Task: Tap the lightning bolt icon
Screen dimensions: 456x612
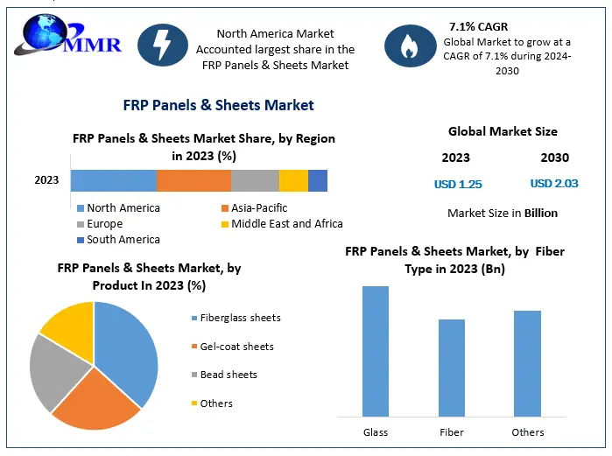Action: pyautogui.click(x=162, y=43)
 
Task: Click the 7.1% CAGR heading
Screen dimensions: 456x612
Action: pyautogui.click(x=478, y=26)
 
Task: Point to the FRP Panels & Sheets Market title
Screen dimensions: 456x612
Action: pyautogui.click(x=217, y=105)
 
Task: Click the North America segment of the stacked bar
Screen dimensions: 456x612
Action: pyautogui.click(x=114, y=180)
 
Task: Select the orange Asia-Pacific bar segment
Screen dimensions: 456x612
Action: pyautogui.click(x=193, y=180)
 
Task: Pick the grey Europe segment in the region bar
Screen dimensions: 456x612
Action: pyautogui.click(x=255, y=180)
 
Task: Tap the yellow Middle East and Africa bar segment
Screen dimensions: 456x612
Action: pyautogui.click(x=293, y=180)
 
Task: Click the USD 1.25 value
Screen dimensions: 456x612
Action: pyautogui.click(x=458, y=185)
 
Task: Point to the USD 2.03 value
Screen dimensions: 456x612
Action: pyautogui.click(x=554, y=184)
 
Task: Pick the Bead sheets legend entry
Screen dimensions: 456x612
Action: pyautogui.click(x=228, y=375)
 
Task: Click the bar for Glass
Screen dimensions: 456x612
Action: pyautogui.click(x=376, y=351)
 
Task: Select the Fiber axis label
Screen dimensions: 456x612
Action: pyautogui.click(x=452, y=432)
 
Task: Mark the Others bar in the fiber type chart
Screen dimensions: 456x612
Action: pyautogui.click(x=527, y=363)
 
